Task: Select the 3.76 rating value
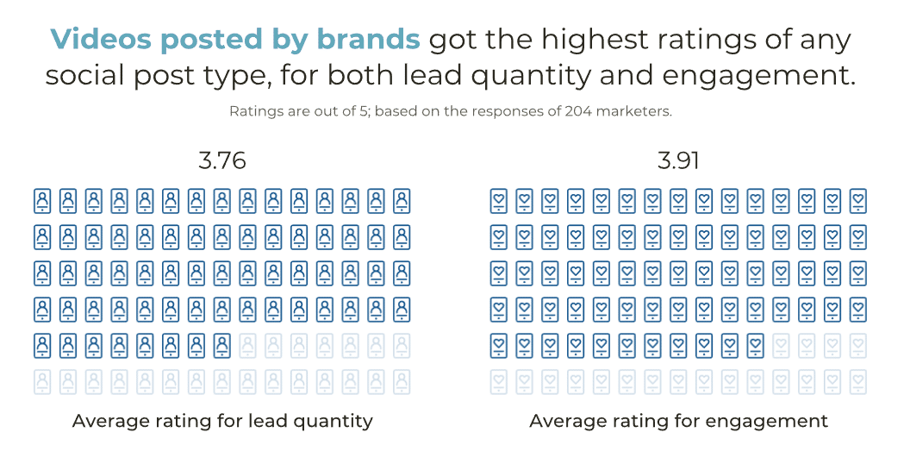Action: point(221,161)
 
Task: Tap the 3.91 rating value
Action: point(678,161)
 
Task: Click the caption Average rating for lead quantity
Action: point(222,421)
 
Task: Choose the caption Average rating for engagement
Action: point(678,421)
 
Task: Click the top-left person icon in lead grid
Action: point(42,201)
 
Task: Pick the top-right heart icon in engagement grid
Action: point(857,201)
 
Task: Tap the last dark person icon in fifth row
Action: point(221,345)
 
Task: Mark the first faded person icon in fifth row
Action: point(247,345)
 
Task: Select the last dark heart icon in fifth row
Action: point(755,345)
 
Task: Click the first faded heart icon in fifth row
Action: point(781,345)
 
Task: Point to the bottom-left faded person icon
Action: point(42,381)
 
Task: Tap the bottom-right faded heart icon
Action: point(857,381)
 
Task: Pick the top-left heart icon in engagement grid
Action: point(498,201)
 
